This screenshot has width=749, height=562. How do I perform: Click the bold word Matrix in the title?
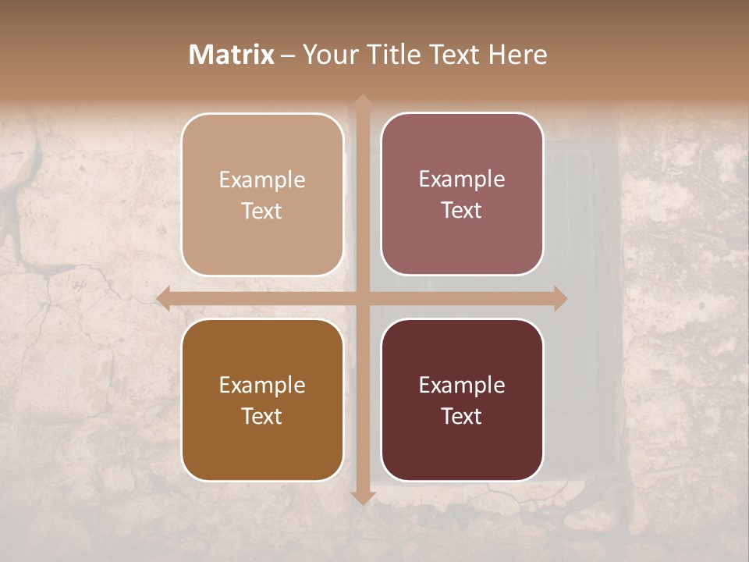coord(232,55)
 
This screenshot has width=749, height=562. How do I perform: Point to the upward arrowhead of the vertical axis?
coord(362,101)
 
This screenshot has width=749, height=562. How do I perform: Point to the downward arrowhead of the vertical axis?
coord(362,496)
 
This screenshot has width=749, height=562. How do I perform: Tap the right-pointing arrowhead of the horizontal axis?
coord(559,299)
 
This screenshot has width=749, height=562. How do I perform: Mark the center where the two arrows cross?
coord(362,299)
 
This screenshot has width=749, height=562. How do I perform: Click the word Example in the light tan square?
coord(262,180)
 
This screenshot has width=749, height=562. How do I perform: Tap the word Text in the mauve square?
coord(462,210)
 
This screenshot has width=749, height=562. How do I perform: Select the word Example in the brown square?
coord(262,386)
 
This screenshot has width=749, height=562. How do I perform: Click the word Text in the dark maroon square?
coord(462,416)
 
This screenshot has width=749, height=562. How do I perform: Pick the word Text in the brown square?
coord(262,416)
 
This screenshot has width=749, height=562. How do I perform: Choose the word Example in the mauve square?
coord(462,180)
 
